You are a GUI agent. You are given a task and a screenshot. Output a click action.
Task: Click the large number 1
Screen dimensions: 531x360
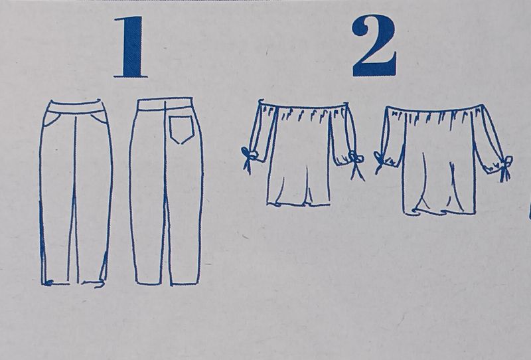pos(131,46)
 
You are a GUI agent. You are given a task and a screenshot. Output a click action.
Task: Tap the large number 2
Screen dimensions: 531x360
pos(374,46)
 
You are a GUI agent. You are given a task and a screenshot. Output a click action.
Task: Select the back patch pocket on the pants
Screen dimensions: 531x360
pos(181,130)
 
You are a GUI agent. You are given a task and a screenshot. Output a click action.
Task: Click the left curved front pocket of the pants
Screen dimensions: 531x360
pos(52,119)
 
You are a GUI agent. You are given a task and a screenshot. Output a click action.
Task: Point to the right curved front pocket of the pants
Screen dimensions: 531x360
pos(98,117)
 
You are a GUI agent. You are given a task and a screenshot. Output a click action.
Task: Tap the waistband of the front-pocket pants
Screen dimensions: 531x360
pos(75,106)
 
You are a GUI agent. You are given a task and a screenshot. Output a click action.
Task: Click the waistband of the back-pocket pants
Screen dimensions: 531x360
pos(165,104)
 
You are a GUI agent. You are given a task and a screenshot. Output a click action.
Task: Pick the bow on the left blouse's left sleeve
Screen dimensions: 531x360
pos(249,157)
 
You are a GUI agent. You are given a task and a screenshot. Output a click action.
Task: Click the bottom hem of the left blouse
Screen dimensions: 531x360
pos(298,204)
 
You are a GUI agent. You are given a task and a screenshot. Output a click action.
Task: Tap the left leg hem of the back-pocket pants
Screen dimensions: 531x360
pos(147,283)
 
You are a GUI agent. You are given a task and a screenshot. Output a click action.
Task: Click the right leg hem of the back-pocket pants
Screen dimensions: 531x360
pos(185,284)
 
